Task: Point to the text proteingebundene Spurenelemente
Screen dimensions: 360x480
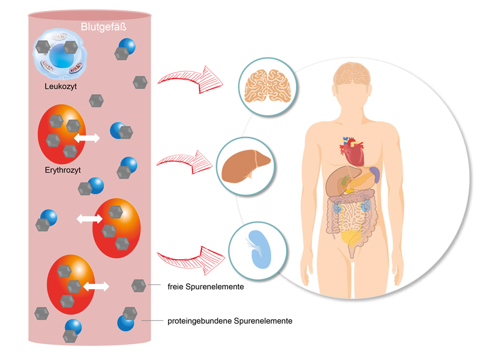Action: pos(230,321)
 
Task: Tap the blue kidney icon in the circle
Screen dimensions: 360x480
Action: pos(257,248)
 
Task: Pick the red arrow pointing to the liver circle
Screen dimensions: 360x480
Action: pos(187,161)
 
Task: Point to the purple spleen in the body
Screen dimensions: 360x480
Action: pos(374,175)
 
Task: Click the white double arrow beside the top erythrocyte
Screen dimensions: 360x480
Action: pos(87,138)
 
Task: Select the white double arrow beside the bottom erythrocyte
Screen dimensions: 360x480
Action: pos(95,286)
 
